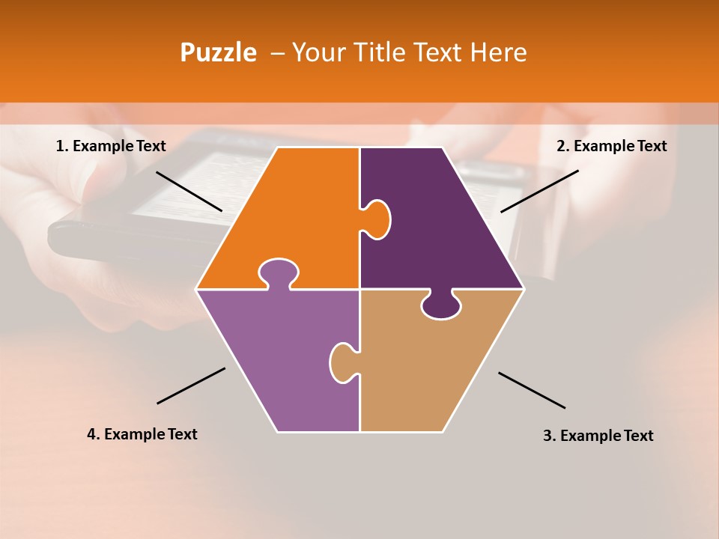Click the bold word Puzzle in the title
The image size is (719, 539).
(218, 52)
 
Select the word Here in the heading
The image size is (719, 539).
(498, 52)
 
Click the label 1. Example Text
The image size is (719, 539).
(111, 146)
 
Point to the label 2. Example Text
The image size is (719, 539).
(611, 146)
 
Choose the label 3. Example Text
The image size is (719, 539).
(598, 436)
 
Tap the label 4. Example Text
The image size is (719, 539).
(142, 434)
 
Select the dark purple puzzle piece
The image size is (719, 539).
(442, 225)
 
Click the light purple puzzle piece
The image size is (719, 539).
(277, 359)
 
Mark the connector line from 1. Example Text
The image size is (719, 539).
(189, 191)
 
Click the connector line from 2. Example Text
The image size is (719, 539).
(539, 191)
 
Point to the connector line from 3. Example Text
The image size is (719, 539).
(532, 390)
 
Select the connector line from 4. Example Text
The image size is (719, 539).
(191, 386)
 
